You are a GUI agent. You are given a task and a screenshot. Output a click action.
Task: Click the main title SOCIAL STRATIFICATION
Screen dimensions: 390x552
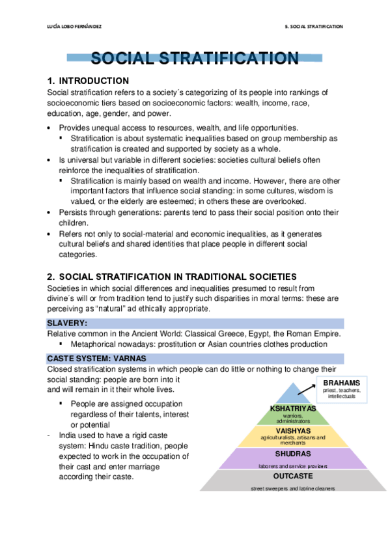(x=195, y=59)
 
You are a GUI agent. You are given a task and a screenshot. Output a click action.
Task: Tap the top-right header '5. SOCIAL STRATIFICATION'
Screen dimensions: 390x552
(x=314, y=27)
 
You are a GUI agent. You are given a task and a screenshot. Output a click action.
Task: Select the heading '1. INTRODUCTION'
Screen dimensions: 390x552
(x=88, y=81)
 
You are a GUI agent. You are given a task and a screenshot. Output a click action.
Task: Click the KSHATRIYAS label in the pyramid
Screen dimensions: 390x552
(x=293, y=408)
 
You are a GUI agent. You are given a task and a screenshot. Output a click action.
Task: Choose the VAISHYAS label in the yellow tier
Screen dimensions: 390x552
(x=293, y=431)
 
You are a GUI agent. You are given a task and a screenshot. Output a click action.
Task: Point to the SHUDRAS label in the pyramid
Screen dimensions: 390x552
(x=293, y=453)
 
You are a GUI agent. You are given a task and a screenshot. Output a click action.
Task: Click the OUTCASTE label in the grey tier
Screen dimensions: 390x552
(x=293, y=476)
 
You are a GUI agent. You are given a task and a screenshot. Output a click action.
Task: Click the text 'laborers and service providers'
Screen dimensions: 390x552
(x=293, y=466)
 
